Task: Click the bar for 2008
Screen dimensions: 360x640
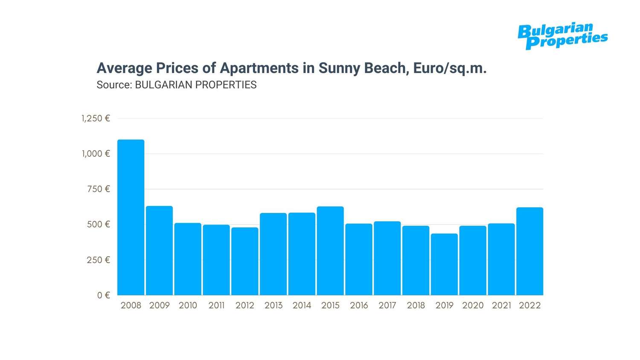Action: point(131,217)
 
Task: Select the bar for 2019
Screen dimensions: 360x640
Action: point(444,264)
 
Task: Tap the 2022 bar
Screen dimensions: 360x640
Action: point(529,251)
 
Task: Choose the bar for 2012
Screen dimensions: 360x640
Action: point(245,261)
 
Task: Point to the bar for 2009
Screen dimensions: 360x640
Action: point(159,250)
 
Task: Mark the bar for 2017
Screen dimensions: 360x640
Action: point(387,258)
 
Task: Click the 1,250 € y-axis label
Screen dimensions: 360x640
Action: point(96,119)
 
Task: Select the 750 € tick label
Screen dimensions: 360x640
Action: point(99,189)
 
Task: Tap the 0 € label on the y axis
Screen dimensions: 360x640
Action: point(104,295)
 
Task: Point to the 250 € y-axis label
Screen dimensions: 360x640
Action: point(99,260)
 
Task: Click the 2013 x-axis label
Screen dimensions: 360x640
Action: point(273,305)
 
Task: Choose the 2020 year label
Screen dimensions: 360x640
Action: point(473,305)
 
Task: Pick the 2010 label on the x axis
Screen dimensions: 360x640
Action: point(188,305)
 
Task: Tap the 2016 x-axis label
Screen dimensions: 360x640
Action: point(359,305)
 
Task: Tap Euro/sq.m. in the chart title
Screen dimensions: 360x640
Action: point(450,68)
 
